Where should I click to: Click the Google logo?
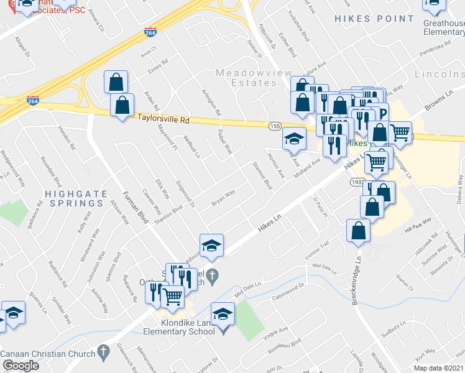(x=20, y=366)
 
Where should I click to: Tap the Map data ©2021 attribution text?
(x=438, y=368)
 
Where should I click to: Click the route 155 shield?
(x=275, y=126)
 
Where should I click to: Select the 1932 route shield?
(x=356, y=182)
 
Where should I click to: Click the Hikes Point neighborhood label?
(x=374, y=19)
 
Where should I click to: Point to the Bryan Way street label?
(x=223, y=197)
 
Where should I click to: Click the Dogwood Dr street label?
(x=185, y=193)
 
